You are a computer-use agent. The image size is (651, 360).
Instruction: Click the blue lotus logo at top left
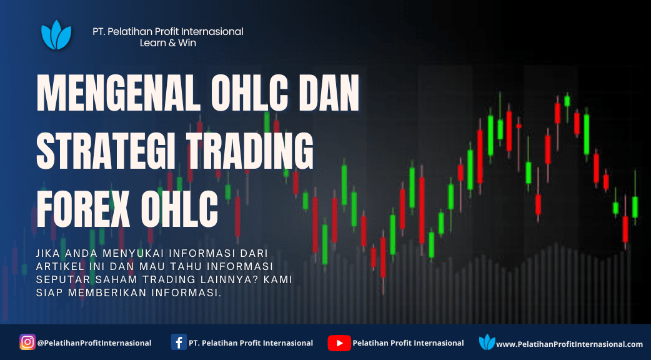pyautogui.click(x=56, y=35)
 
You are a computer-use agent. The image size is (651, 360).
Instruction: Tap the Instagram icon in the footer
pyautogui.click(x=27, y=342)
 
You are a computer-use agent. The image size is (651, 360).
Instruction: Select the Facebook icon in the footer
pyautogui.click(x=179, y=342)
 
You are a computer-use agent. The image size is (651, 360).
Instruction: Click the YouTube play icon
pyautogui.click(x=339, y=343)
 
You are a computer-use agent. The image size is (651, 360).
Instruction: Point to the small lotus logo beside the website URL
pyautogui.click(x=487, y=342)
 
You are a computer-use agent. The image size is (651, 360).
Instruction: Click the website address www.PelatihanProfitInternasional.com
pyautogui.click(x=570, y=344)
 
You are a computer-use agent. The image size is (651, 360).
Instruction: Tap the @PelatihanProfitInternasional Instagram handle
pyautogui.click(x=94, y=343)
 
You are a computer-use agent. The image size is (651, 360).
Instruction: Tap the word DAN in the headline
pyautogui.click(x=329, y=94)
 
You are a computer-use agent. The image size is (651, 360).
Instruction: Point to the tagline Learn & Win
pyautogui.click(x=167, y=42)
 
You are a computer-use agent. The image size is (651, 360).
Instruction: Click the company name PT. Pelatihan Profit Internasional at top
pyautogui.click(x=168, y=31)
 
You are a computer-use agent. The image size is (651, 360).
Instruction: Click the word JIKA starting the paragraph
pyautogui.click(x=47, y=253)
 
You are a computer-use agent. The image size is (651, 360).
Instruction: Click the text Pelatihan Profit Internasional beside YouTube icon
pyautogui.click(x=408, y=343)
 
